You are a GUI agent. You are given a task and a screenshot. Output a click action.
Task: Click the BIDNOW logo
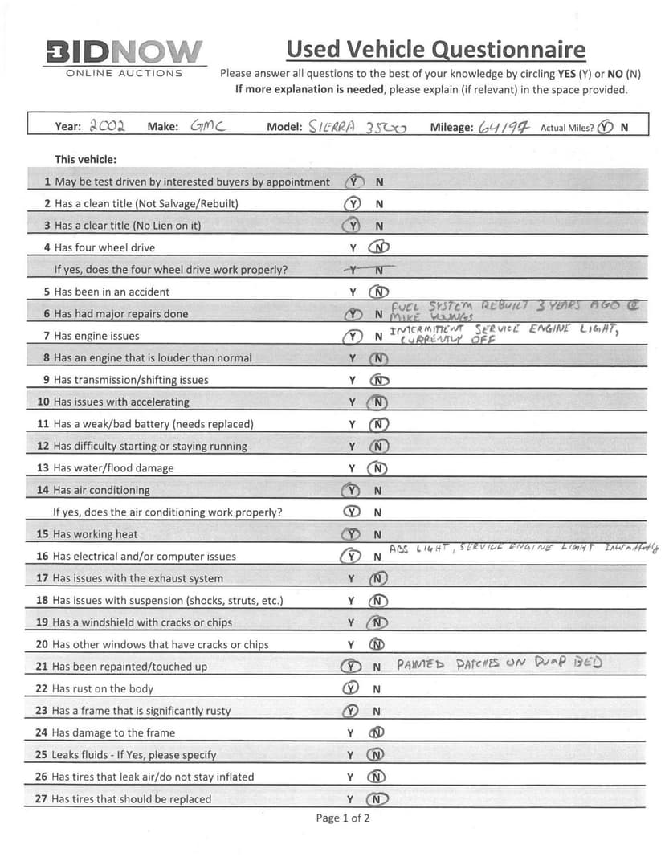(x=124, y=53)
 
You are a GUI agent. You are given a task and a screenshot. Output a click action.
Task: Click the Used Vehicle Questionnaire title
(x=435, y=50)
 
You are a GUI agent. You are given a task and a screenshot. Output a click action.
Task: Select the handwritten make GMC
(x=206, y=126)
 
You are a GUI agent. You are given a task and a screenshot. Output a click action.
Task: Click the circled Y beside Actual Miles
(x=605, y=127)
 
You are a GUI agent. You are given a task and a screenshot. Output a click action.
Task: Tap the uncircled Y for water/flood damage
(x=352, y=468)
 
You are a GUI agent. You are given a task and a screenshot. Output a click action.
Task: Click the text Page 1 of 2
(x=343, y=818)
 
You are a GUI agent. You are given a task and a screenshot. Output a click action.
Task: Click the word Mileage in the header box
(x=451, y=127)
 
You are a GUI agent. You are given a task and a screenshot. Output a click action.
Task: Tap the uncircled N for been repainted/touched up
(x=377, y=667)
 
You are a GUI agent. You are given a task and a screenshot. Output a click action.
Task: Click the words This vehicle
(x=85, y=159)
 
